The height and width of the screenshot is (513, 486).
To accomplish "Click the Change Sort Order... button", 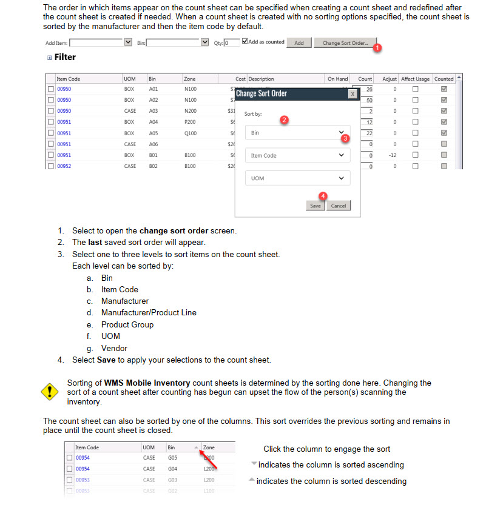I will [345, 43].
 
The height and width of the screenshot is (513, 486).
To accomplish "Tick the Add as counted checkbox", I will [245, 42].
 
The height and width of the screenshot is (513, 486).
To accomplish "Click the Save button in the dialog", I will [315, 206].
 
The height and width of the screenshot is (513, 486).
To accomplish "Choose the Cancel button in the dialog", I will [338, 206].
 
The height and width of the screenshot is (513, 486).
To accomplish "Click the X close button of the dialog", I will [352, 94].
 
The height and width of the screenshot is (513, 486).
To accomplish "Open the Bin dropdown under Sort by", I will [297, 133].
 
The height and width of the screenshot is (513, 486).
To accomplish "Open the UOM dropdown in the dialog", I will [297, 178].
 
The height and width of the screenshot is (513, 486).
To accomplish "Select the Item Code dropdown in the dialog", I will [297, 155].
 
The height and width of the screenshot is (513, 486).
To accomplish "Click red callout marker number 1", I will [377, 47].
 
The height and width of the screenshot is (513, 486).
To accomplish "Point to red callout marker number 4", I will [323, 196].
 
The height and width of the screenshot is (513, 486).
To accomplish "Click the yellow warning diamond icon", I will [49, 391].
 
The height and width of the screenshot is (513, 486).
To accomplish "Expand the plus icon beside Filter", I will [49, 58].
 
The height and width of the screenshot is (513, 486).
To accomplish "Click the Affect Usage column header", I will [415, 79].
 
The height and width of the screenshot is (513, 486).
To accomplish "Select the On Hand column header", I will [337, 79].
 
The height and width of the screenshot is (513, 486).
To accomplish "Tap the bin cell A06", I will [153, 144].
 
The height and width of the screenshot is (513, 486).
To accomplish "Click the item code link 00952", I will [64, 166].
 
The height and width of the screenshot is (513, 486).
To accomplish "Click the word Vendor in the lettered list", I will [114, 348].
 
